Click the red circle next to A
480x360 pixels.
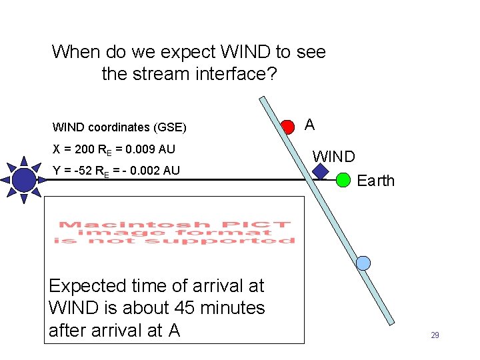pyautogui.click(x=287, y=127)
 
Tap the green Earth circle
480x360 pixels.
pyautogui.click(x=343, y=179)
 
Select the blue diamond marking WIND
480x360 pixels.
pyautogui.click(x=321, y=171)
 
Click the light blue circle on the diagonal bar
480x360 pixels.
pyautogui.click(x=363, y=263)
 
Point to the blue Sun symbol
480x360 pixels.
pyautogui.click(x=24, y=179)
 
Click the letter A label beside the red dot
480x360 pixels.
pyautogui.click(x=310, y=125)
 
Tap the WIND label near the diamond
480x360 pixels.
pyautogui.click(x=334, y=157)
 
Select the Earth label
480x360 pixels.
pyautogui.click(x=376, y=181)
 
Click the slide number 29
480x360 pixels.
pyautogui.click(x=435, y=335)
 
